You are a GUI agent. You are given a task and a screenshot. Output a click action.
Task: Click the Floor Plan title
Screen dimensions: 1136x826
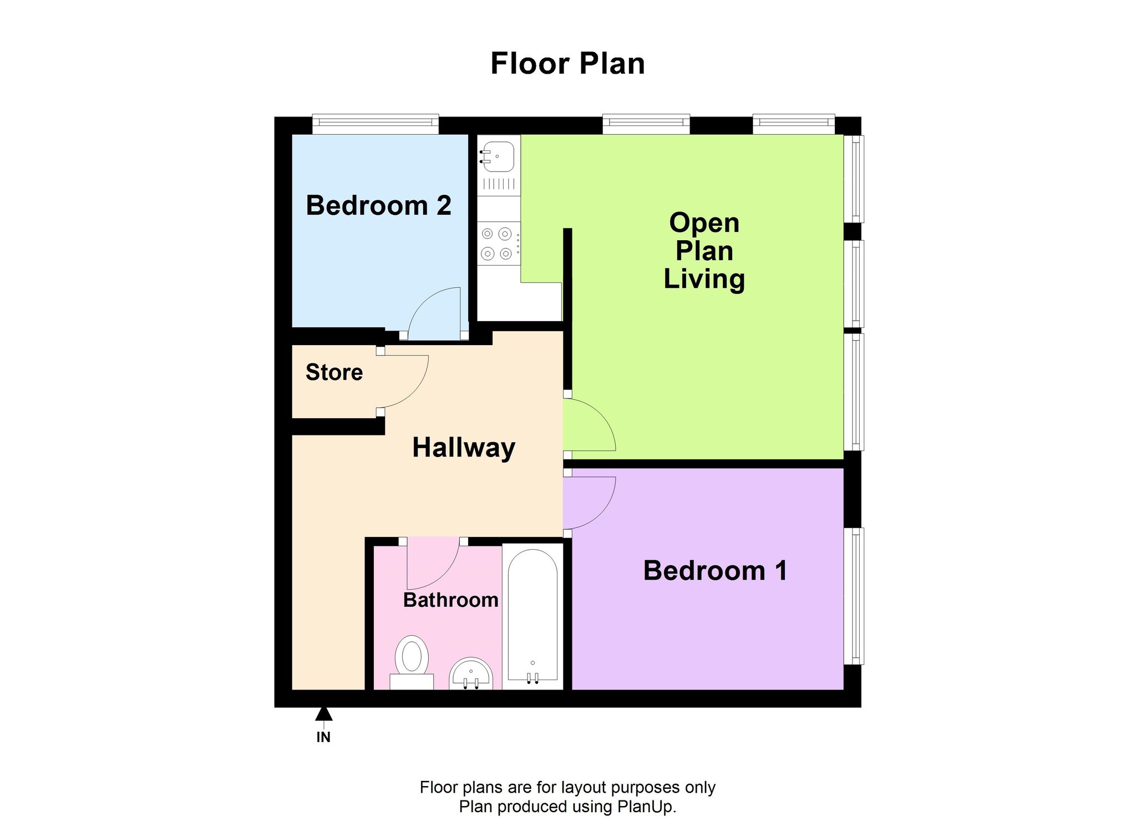pos(567,64)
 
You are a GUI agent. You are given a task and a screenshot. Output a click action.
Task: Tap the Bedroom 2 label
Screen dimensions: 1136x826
pos(378,206)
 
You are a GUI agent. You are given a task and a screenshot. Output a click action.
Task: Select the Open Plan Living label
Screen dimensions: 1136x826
pos(704,251)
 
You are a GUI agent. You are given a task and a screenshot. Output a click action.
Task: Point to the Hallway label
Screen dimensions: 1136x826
pos(464,448)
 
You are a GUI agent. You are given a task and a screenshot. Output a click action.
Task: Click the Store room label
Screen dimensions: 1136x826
pos(334,372)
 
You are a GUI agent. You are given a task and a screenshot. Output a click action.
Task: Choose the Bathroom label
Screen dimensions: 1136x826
pos(450,600)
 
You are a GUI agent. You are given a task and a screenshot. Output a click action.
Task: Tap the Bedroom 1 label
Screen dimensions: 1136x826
pos(715,571)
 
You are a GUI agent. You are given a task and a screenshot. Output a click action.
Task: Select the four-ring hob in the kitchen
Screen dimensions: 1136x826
pos(499,244)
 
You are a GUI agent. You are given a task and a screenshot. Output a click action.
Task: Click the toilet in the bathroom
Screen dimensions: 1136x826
pos(412,662)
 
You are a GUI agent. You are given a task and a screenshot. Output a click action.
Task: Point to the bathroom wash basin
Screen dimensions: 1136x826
pos(470,673)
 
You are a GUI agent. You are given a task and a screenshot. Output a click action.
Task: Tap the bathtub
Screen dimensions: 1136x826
pos(532,616)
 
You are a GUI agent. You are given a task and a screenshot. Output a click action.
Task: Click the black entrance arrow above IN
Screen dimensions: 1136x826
pos(324,714)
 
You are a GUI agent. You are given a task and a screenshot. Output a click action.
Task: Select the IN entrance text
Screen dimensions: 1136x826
pos(323,737)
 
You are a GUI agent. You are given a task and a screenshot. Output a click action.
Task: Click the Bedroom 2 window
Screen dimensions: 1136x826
pos(376,124)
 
